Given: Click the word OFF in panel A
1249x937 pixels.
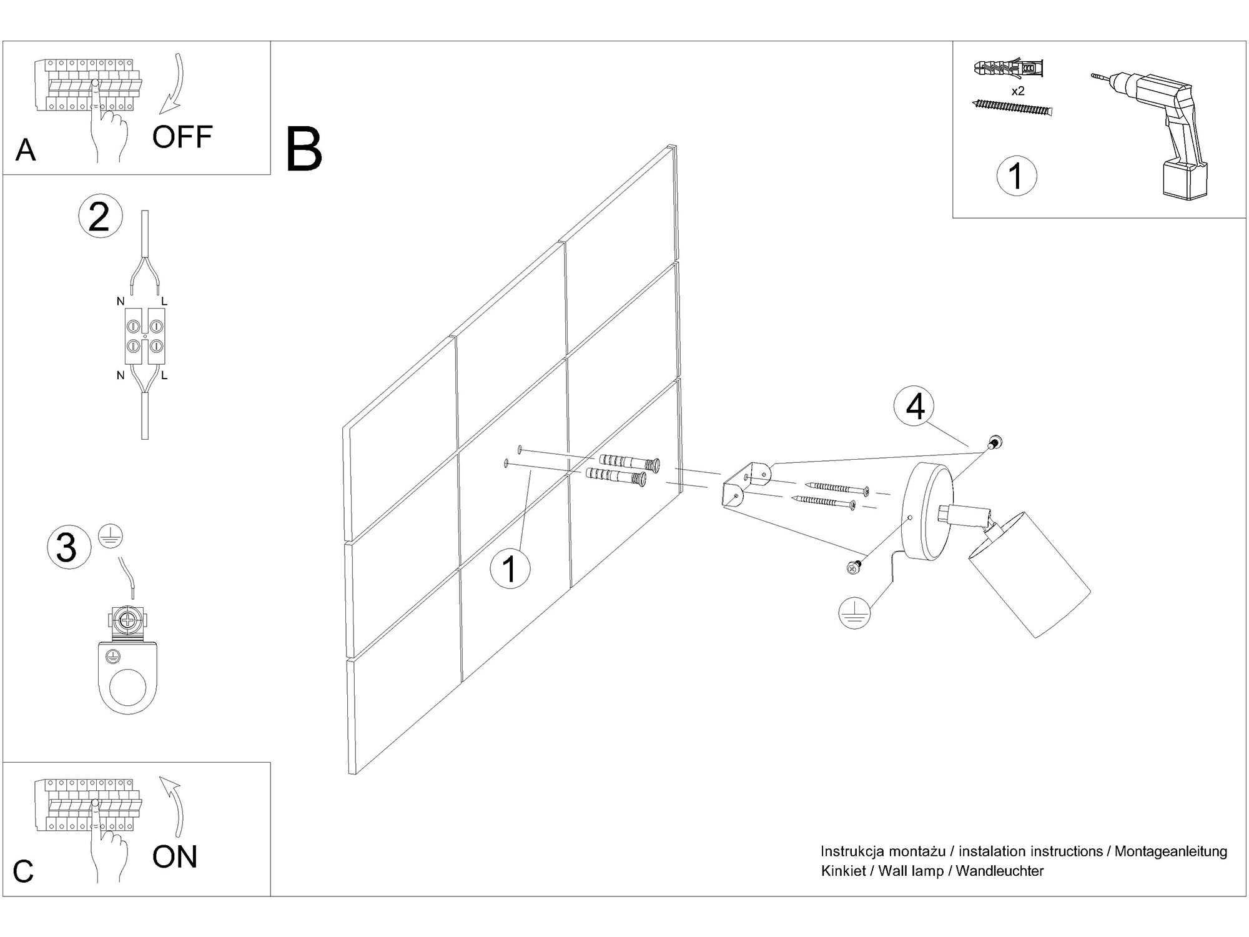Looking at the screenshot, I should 182,137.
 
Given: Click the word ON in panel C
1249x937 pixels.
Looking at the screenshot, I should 174,856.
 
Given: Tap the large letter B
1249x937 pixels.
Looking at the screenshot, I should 304,150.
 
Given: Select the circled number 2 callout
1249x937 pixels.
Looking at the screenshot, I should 100,217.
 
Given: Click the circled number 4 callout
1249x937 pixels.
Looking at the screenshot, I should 914,407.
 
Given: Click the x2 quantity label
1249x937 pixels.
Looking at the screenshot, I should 1018,91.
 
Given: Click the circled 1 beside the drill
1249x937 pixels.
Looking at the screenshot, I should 1016,176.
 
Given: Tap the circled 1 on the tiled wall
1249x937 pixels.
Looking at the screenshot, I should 510,568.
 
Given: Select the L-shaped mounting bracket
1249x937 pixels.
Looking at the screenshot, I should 746,484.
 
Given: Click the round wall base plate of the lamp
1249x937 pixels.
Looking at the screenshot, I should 929,512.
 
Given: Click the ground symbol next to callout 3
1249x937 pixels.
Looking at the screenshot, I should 111,537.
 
